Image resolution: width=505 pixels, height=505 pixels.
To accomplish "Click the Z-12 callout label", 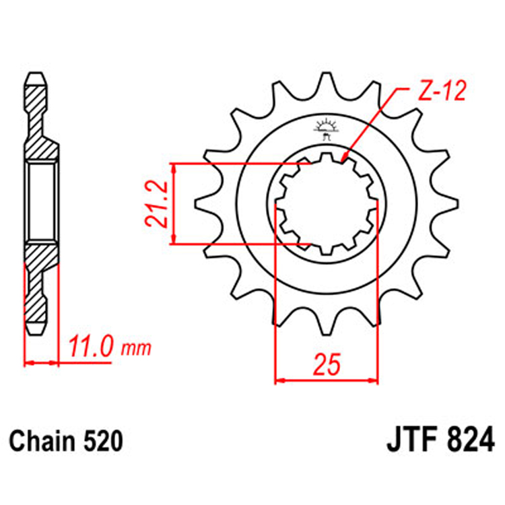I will point(440,92).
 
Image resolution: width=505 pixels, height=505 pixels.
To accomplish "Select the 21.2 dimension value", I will point(156,203).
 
